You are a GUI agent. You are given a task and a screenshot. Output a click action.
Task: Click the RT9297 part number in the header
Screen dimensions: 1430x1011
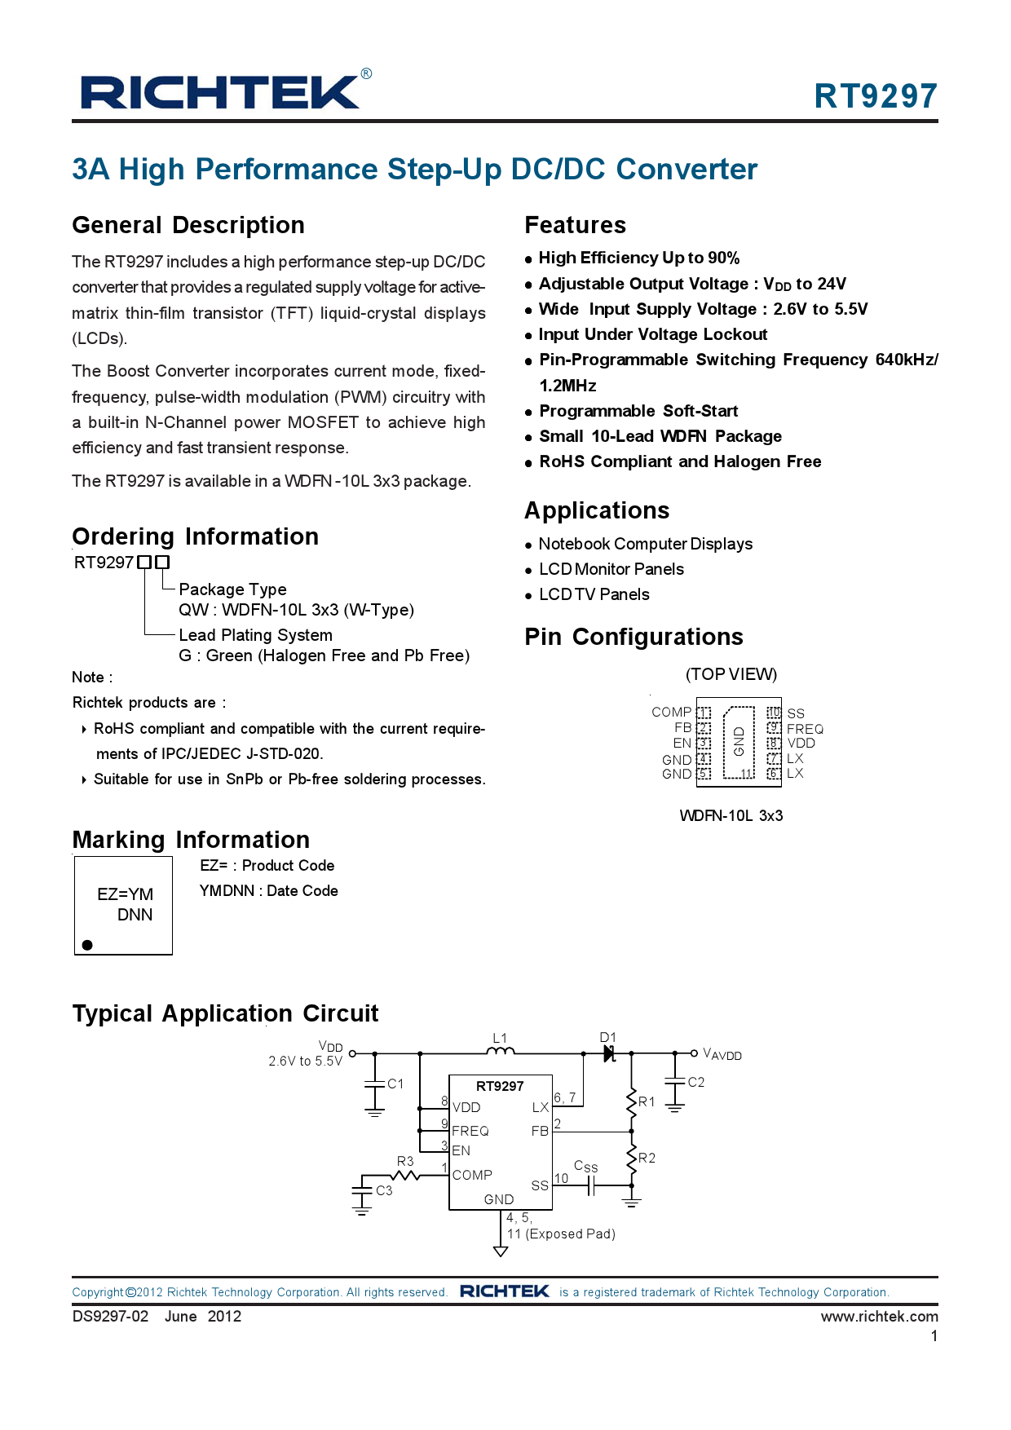click(x=875, y=96)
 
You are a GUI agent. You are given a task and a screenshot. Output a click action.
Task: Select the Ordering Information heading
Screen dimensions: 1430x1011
click(x=195, y=536)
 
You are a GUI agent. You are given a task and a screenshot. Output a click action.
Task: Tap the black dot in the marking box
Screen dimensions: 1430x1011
click(x=87, y=945)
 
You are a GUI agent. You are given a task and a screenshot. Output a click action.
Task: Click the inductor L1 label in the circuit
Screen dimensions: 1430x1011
click(x=500, y=1038)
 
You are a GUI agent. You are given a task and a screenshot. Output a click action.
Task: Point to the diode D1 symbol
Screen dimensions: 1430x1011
click(x=609, y=1053)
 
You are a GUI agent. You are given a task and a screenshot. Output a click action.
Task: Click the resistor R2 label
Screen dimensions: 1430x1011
click(x=647, y=1158)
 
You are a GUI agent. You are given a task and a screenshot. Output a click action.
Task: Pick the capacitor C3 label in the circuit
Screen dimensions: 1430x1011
click(x=384, y=1190)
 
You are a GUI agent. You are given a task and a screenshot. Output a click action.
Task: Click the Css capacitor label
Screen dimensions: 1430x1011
click(x=585, y=1167)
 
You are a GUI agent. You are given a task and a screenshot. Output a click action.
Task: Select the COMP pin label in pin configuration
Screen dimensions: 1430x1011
click(x=671, y=712)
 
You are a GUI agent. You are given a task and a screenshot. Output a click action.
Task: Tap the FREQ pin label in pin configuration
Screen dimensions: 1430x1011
click(x=805, y=729)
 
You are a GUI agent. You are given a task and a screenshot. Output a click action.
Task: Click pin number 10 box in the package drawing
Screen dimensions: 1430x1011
click(x=774, y=713)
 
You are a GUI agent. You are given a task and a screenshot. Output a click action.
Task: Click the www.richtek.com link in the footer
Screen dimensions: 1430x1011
click(x=879, y=1317)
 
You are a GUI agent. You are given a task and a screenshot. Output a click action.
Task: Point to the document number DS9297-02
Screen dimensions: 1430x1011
click(x=110, y=1317)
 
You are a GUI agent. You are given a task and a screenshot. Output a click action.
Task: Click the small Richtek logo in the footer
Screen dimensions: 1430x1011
click(x=504, y=1291)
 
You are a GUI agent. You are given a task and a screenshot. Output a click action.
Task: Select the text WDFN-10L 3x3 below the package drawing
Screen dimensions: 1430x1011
click(x=731, y=815)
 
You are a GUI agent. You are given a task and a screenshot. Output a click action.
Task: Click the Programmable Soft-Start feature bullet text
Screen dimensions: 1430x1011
click(x=638, y=411)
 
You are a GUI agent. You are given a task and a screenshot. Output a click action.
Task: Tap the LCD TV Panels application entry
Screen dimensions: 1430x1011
click(x=594, y=594)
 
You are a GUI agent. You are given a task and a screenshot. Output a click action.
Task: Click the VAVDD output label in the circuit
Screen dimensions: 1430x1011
click(x=722, y=1054)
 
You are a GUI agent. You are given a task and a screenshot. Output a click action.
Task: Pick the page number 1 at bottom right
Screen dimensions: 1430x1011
click(x=934, y=1336)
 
